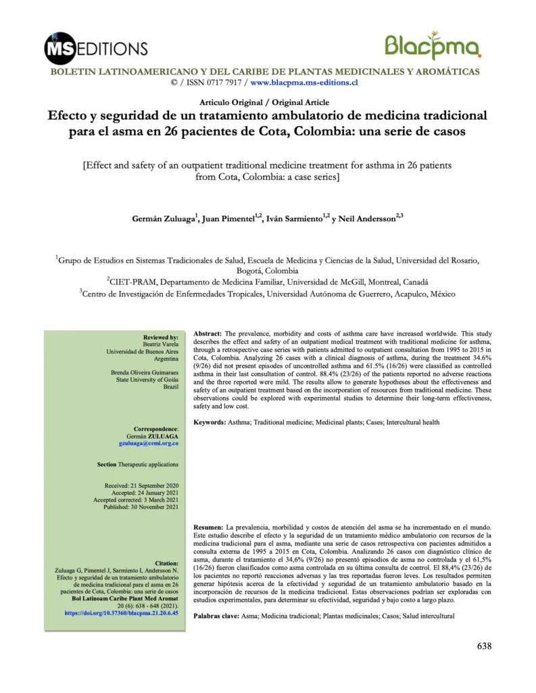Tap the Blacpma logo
point(433,46)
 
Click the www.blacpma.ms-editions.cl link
point(303,82)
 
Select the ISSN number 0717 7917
point(220,82)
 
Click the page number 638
point(484,645)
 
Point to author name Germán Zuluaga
point(162,220)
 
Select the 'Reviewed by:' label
point(161,336)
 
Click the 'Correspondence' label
point(155,428)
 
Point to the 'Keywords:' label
point(210,422)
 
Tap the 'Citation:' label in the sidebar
point(166,562)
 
